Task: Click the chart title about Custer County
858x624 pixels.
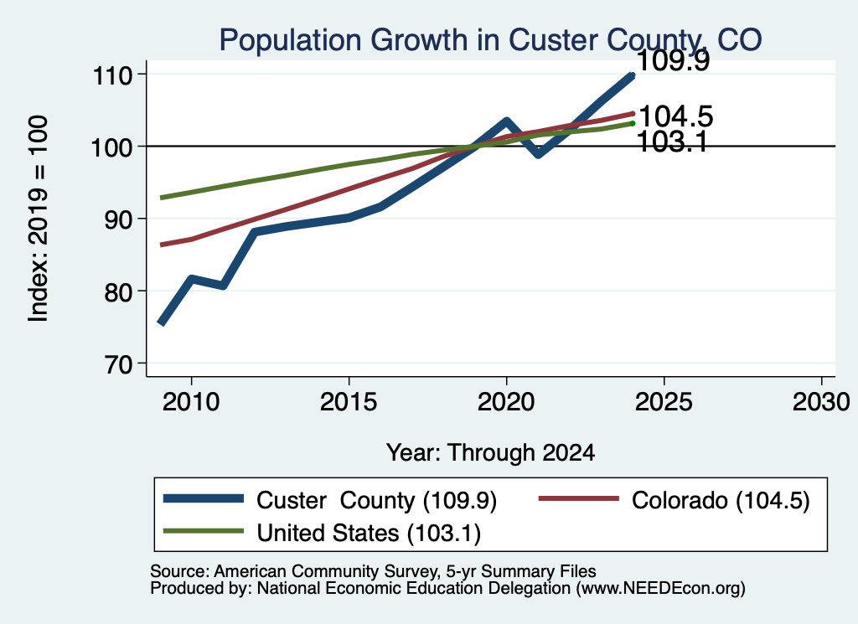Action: pyautogui.click(x=490, y=40)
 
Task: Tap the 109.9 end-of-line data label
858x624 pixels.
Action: pyautogui.click(x=673, y=60)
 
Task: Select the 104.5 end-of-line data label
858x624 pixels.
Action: pyautogui.click(x=676, y=116)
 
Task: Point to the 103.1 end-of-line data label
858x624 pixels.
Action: pyautogui.click(x=672, y=142)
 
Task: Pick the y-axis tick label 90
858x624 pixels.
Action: pyautogui.click(x=119, y=219)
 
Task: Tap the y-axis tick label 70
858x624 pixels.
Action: pyautogui.click(x=119, y=364)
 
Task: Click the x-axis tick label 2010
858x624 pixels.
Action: pyautogui.click(x=191, y=403)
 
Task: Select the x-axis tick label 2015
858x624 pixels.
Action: pyautogui.click(x=349, y=403)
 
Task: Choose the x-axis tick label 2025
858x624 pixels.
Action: pyautogui.click(x=664, y=403)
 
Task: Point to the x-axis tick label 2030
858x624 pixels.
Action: pyautogui.click(x=821, y=403)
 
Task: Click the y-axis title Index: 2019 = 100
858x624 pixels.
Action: pyautogui.click(x=38, y=219)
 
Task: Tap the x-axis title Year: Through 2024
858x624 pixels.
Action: pyautogui.click(x=490, y=453)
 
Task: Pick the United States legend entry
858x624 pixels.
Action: pyautogui.click(x=323, y=533)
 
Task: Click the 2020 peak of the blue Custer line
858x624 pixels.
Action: pyautogui.click(x=506, y=121)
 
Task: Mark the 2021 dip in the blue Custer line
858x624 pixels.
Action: pyautogui.click(x=539, y=154)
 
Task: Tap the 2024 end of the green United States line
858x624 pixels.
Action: pyautogui.click(x=633, y=124)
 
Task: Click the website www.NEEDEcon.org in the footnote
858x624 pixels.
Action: pyautogui.click(x=659, y=589)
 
